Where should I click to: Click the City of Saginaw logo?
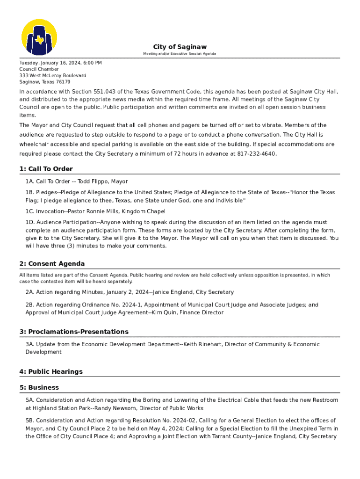[x=39, y=37]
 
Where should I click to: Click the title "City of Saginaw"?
[x=180, y=47]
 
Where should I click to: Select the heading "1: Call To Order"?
[x=46, y=169]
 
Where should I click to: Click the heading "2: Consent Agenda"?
[x=52, y=264]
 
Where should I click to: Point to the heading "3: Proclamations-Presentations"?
[x=73, y=332]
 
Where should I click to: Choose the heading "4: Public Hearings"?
[x=50, y=372]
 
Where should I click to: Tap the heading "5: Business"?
[x=39, y=388]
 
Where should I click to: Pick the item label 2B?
[x=29, y=305]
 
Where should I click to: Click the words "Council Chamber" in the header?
[x=39, y=69]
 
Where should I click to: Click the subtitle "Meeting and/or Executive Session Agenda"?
[x=180, y=54]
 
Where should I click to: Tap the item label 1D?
[x=30, y=223]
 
